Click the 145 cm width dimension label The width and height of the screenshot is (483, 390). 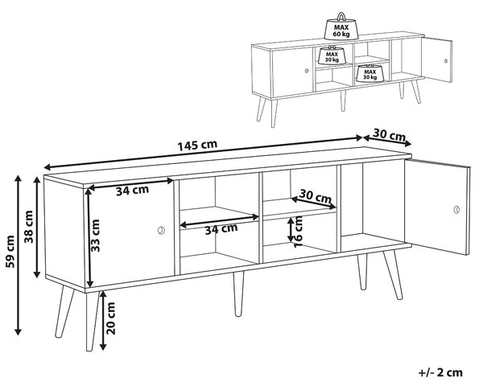click(x=197, y=145)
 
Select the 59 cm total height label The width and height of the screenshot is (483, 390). click(x=10, y=252)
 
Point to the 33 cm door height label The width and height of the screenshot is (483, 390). click(x=96, y=236)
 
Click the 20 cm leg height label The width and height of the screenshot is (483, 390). click(x=110, y=318)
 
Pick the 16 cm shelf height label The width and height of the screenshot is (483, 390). click(x=298, y=232)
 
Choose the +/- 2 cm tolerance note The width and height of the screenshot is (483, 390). click(x=440, y=372)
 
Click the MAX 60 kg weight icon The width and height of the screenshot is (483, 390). click(x=341, y=27)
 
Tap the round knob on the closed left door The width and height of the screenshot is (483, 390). click(x=161, y=230)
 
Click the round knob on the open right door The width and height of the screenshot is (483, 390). click(x=456, y=210)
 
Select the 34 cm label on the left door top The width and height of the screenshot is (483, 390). click(x=133, y=191)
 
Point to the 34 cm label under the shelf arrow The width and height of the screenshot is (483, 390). click(x=221, y=228)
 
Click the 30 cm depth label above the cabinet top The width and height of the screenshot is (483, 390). click(x=389, y=135)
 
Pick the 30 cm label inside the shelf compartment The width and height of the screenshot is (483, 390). click(x=315, y=196)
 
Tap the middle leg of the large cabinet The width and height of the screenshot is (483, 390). click(x=238, y=294)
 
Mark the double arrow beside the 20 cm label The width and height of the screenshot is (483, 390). click(x=103, y=320)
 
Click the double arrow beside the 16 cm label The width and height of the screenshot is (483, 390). click(x=291, y=230)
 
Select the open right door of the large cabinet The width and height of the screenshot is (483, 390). click(x=437, y=207)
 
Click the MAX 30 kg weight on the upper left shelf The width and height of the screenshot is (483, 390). click(x=332, y=55)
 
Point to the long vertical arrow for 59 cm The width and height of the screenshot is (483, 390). click(x=19, y=255)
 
